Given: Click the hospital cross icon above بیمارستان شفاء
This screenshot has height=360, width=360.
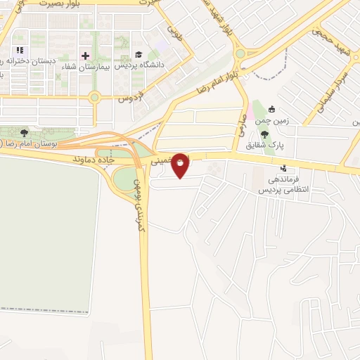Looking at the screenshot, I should [x=86, y=55].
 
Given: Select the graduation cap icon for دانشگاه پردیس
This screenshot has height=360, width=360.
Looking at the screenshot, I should [x=139, y=55].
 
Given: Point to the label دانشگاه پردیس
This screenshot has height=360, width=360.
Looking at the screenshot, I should [x=145, y=65].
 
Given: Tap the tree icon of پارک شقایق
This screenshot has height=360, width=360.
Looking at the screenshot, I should [x=264, y=134].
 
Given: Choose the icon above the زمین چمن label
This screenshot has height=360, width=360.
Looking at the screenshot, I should [x=271, y=110].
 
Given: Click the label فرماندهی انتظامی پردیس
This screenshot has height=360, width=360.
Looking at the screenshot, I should [x=278, y=184].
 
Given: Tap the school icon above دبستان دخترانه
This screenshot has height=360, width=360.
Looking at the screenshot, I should [x=20, y=50].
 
